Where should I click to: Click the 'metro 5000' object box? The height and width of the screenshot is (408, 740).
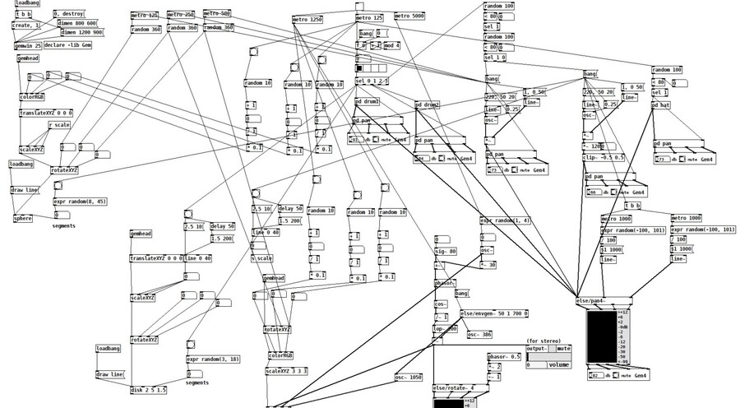coord(412,16)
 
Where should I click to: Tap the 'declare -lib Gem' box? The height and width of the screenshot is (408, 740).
coord(67,45)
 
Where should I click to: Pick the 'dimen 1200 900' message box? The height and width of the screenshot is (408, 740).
coord(81,33)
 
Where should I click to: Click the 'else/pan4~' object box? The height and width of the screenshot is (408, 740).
coord(596,303)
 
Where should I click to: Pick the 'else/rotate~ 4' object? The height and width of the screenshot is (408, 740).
coord(453,387)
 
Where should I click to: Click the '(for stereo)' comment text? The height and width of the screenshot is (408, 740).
coord(544,341)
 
